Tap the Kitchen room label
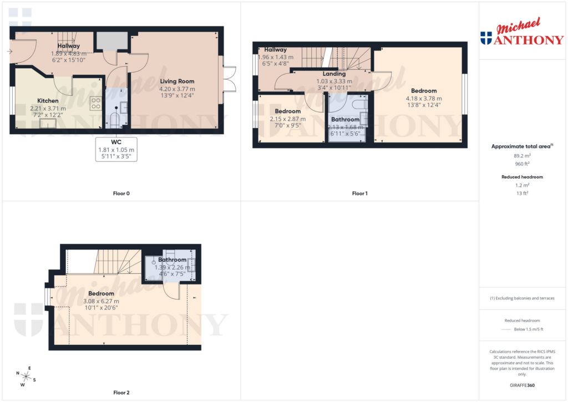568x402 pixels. [48, 101]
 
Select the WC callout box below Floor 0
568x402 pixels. [116, 149]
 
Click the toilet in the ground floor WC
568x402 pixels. [114, 121]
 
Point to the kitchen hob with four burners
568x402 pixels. [95, 103]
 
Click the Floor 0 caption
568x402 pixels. [120, 194]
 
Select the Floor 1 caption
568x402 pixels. [359, 194]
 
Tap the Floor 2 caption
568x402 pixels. [121, 393]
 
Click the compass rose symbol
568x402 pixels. [25, 376]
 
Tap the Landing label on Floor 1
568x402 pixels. [334, 74]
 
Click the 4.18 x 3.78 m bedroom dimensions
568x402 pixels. [424, 99]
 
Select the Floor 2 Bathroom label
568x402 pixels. [172, 259]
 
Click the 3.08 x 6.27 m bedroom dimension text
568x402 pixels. [101, 301]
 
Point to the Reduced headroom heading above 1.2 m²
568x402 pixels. [523, 177]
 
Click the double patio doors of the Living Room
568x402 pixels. [229, 80]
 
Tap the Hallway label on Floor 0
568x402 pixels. [69, 46]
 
